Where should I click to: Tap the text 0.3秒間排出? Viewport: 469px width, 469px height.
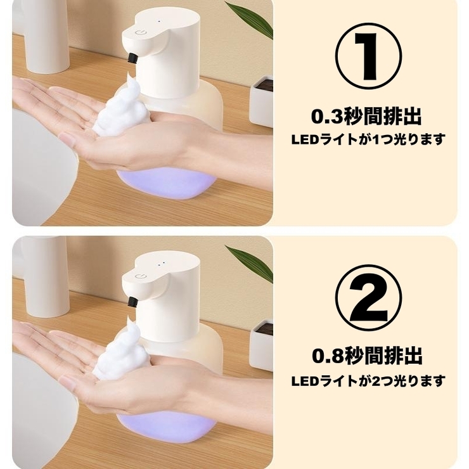366,117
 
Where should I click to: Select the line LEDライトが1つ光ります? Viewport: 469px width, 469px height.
368,138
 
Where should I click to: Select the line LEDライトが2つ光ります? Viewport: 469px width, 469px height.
368,381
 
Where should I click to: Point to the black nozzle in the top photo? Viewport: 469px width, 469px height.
132,58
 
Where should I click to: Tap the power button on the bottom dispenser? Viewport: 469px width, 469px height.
140,274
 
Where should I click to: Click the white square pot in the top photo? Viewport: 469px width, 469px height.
261,101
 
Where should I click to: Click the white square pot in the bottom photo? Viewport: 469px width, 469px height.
261,345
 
